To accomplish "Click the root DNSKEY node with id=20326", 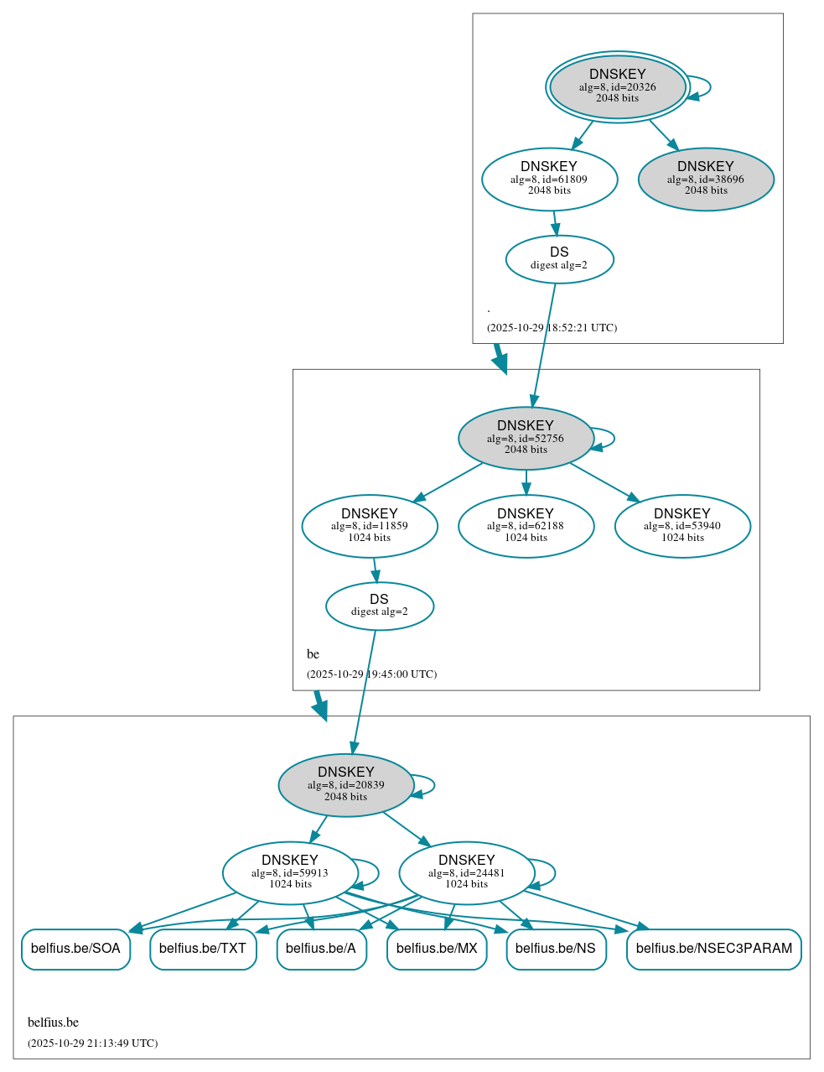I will click(x=617, y=86).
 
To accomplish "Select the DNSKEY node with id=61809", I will click(x=549, y=179).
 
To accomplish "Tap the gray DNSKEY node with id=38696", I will click(x=705, y=179).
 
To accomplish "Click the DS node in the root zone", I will click(x=559, y=259).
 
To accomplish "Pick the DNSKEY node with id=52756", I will click(x=526, y=438).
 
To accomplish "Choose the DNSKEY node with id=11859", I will click(x=369, y=526).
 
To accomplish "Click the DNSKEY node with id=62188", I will click(x=526, y=526).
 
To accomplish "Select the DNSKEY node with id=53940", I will click(x=681, y=526).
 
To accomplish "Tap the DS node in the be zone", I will click(x=379, y=606).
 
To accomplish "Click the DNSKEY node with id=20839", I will click(x=345, y=785).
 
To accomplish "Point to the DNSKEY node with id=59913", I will click(x=290, y=872).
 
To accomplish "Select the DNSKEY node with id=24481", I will click(x=466, y=872).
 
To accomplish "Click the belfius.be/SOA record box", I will click(x=75, y=949).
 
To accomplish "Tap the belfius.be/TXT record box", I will click(x=203, y=949).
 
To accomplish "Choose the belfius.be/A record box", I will click(x=321, y=949).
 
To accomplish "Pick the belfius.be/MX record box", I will click(x=437, y=949).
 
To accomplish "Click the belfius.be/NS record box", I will click(x=556, y=949).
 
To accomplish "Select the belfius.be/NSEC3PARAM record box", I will click(x=713, y=949).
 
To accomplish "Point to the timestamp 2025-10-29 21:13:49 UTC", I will click(x=92, y=1043).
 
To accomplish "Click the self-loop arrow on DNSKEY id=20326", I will click(x=709, y=86).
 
